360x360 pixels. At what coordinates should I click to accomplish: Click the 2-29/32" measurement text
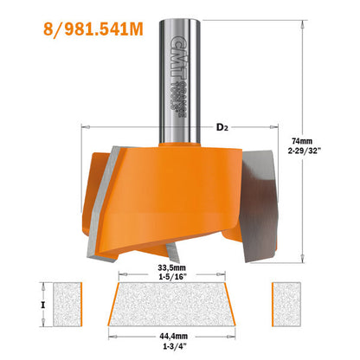[x=302, y=150]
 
